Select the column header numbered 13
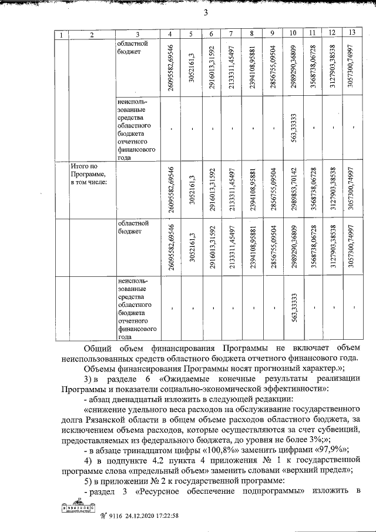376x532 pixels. (x=352, y=32)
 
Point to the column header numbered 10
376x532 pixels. (x=293, y=32)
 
